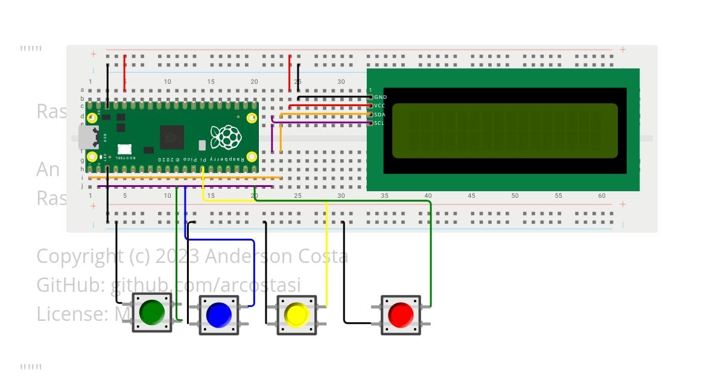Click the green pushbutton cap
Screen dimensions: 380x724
151,312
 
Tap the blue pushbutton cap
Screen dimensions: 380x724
218,315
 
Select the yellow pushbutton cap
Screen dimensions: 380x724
296,315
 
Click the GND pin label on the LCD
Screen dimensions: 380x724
381,97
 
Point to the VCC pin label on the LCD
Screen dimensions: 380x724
380,106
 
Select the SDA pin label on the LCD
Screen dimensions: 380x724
380,114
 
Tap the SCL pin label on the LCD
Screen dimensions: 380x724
379,123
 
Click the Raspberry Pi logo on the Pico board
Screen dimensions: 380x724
226,137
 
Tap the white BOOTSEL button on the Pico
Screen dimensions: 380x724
124,149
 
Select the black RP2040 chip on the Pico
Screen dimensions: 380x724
172,137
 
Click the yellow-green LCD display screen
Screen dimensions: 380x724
505,130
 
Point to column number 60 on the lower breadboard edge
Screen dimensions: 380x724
602,196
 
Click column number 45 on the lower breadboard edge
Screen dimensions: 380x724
471,196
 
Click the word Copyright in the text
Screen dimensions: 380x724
79,256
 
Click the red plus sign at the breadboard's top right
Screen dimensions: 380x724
623,50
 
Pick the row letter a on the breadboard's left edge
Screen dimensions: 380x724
82,90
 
